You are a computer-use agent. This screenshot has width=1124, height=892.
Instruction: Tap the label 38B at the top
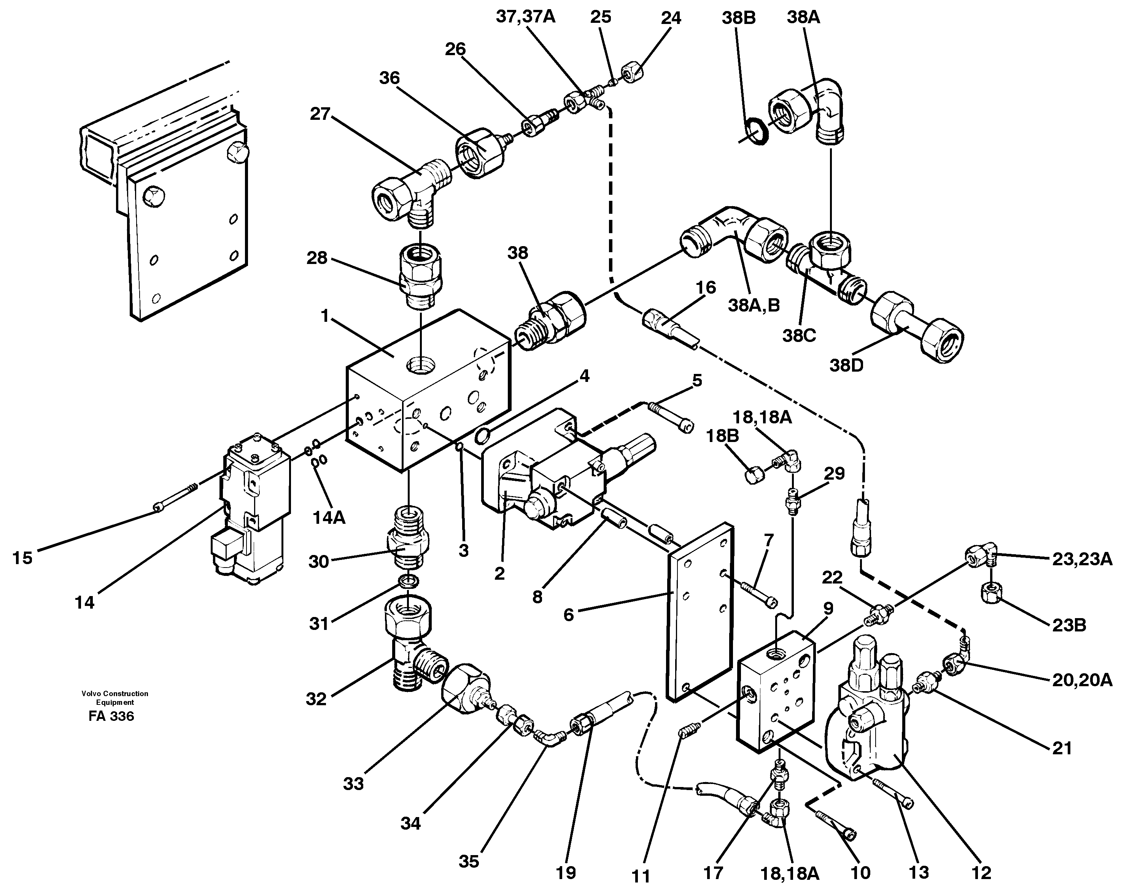(739, 18)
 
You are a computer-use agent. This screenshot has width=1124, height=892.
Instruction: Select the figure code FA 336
(111, 716)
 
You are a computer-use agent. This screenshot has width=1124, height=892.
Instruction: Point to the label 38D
(847, 366)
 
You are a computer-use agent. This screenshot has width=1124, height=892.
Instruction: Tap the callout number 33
(353, 784)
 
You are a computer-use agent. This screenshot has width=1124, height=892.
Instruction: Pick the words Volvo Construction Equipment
(115, 698)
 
